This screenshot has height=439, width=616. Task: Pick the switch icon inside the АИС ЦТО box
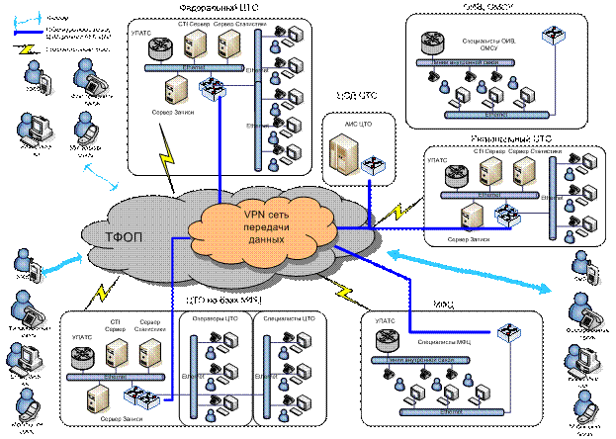[373, 163]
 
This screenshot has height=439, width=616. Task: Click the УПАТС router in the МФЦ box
[387, 339]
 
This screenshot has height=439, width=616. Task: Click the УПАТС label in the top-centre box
[141, 34]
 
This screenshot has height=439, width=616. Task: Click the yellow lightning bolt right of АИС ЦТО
[400, 211]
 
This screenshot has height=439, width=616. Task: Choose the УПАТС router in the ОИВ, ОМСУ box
[431, 42]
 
